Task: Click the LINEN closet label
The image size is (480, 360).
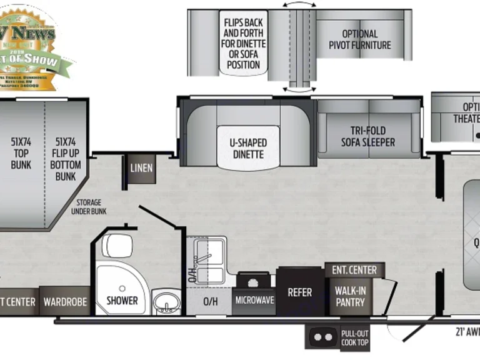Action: [142, 168]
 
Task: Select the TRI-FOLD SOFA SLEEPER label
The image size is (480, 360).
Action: [368, 136]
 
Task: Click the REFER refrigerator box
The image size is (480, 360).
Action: [299, 292]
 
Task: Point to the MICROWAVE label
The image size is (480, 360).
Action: [254, 300]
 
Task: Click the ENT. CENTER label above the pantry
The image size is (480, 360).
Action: [354, 270]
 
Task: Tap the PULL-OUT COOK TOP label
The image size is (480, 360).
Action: [354, 337]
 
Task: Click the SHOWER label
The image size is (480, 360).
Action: [122, 300]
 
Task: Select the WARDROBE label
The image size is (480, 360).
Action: [64, 302]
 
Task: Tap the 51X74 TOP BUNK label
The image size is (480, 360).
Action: [21, 153]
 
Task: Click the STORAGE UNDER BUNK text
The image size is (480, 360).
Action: [91, 207]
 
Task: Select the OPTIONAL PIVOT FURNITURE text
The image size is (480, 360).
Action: [359, 39]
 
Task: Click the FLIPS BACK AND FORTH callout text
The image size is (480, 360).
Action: [244, 43]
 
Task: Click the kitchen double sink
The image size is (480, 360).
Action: [207, 260]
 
